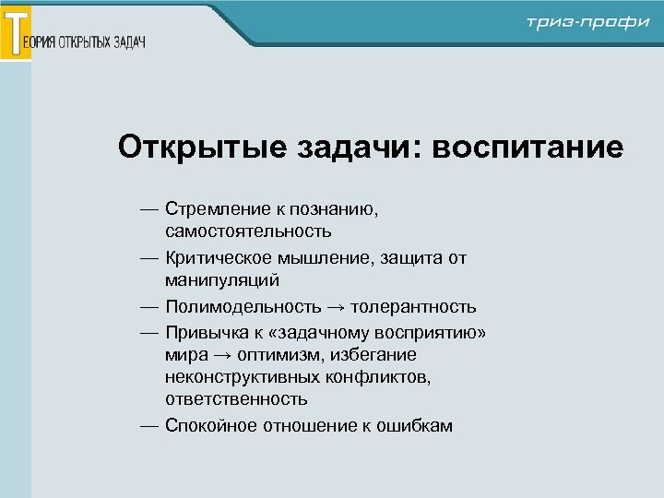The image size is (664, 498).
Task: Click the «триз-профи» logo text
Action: click(x=588, y=23)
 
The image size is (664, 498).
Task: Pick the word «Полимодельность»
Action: click(x=243, y=307)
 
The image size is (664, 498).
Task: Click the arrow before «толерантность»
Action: click(x=336, y=307)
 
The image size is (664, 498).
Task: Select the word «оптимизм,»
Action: click(x=273, y=355)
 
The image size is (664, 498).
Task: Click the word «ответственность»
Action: click(x=236, y=399)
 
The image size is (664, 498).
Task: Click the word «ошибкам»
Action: click(x=416, y=426)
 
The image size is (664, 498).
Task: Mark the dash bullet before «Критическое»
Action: click(x=149, y=259)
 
